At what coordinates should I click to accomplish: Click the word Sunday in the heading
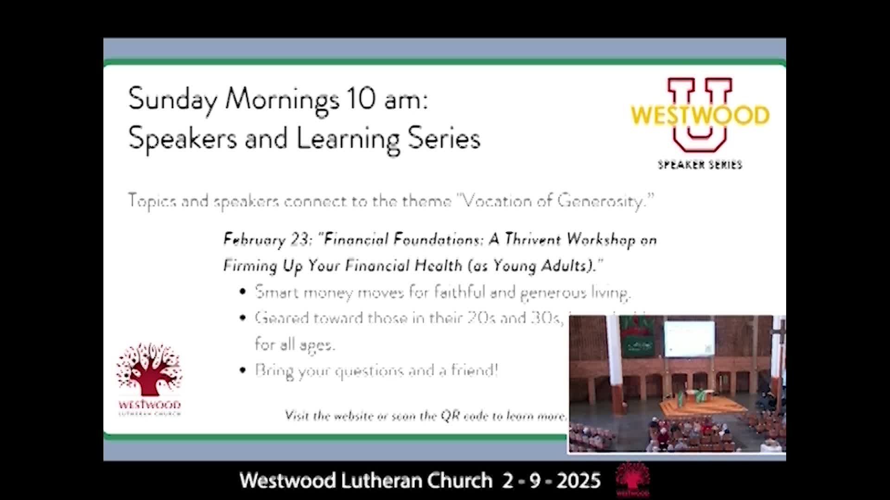(x=172, y=100)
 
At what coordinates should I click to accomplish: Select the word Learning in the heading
(x=348, y=139)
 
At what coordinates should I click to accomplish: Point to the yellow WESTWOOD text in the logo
(x=699, y=115)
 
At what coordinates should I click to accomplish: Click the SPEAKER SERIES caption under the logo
(x=699, y=165)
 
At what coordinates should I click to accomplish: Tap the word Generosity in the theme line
(x=601, y=201)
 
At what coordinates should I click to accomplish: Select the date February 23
(x=267, y=239)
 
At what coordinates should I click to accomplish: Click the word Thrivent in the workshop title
(x=533, y=239)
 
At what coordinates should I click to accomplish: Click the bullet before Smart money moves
(x=242, y=292)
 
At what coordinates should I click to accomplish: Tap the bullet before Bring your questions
(x=242, y=370)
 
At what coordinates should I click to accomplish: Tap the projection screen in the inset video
(x=689, y=339)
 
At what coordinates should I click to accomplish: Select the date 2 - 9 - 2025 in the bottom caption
(x=552, y=481)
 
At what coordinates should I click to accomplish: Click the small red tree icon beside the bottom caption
(x=633, y=480)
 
